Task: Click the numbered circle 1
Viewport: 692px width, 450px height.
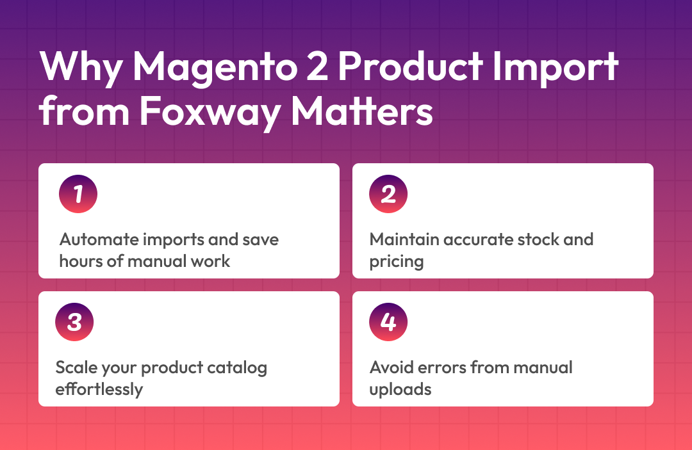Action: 78,194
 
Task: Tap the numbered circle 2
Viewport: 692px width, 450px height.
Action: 388,194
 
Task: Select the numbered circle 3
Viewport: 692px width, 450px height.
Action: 74,322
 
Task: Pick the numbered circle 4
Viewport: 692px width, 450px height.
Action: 388,322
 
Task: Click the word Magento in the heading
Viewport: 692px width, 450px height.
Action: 215,68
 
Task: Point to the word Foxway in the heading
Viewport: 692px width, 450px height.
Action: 210,112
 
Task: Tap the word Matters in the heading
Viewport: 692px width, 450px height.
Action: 362,111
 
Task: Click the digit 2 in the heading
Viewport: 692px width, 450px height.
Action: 317,66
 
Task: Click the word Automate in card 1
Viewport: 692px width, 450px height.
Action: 99,239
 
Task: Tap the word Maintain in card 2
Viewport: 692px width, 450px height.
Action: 404,239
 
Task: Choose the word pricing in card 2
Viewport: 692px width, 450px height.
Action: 397,262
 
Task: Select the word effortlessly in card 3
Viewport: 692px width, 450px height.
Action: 99,390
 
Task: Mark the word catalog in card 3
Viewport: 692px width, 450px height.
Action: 237,368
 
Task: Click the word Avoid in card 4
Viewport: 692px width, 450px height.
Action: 391,367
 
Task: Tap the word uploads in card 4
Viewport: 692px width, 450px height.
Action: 400,390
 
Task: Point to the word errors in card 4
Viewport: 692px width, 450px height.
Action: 441,367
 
